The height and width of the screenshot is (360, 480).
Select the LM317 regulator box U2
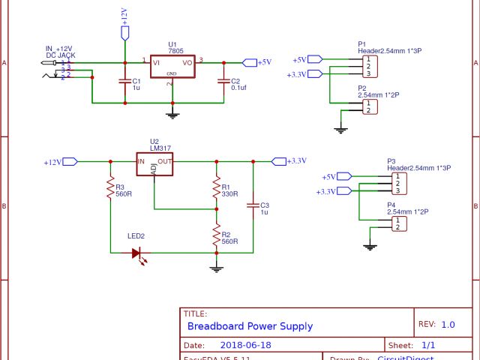pos(154,164)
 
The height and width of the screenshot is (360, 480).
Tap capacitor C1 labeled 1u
pos(125,82)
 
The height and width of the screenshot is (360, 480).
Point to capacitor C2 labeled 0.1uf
pos(223,82)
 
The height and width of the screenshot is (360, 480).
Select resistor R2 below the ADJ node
pos(216,236)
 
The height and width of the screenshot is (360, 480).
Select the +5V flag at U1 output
pos(250,62)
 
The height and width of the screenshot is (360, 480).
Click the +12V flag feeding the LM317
pos(70,161)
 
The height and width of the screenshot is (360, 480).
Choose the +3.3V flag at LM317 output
pos(278,160)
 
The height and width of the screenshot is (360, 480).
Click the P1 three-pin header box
pos(367,66)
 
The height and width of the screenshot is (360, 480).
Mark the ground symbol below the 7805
pos(172,114)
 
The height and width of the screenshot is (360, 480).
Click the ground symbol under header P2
pos(340,130)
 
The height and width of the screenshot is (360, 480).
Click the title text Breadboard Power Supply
pos(250,326)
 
